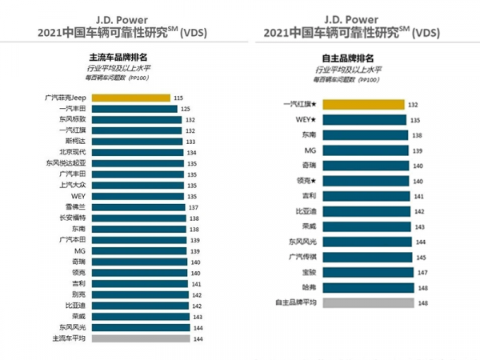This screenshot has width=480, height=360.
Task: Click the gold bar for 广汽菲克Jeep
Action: tap(130, 98)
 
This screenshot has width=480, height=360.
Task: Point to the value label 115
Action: tap(178, 98)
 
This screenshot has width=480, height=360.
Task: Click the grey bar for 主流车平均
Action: tap(139, 338)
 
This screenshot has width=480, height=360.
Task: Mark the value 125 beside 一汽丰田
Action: tap(185, 109)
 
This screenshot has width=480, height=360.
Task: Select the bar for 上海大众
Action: tap(137, 185)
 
